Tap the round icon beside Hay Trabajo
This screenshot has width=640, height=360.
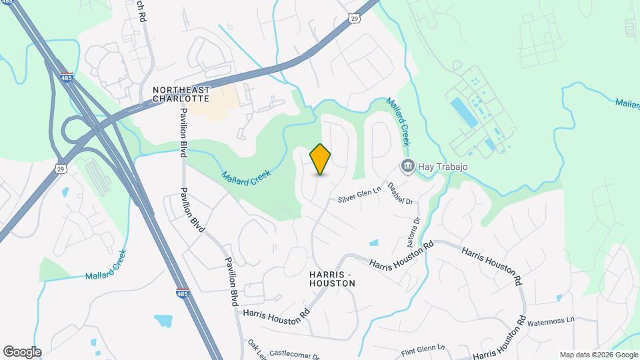407,165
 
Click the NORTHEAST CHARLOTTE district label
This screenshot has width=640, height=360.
181,94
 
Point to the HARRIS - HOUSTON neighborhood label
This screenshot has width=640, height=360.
332,279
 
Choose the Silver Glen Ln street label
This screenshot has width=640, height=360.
359,195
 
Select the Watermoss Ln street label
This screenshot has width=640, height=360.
551,322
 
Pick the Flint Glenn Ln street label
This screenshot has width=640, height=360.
423,350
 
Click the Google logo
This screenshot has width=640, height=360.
21,352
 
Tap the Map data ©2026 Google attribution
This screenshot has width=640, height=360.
599,355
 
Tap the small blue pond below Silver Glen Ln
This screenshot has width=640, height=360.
373,243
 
